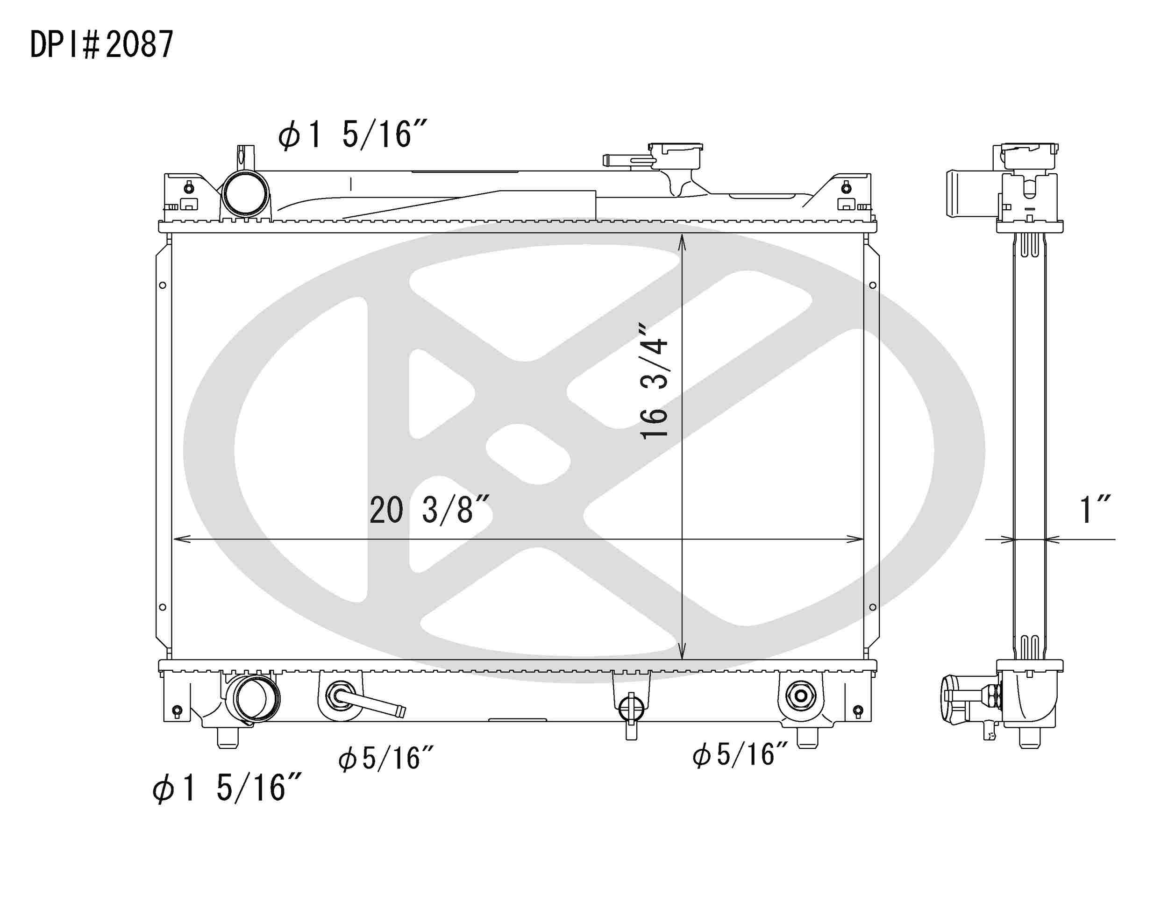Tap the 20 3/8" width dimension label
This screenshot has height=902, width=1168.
(x=429, y=510)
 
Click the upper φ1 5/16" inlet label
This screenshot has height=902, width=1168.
(x=352, y=134)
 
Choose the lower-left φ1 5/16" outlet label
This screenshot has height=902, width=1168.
(x=227, y=788)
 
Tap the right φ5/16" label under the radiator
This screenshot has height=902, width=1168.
(x=740, y=755)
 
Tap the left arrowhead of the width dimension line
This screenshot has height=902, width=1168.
(x=178, y=540)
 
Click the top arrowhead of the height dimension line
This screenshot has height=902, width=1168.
(x=682, y=241)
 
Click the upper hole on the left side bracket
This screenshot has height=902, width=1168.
(x=163, y=285)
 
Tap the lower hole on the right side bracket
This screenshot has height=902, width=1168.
(x=873, y=607)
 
